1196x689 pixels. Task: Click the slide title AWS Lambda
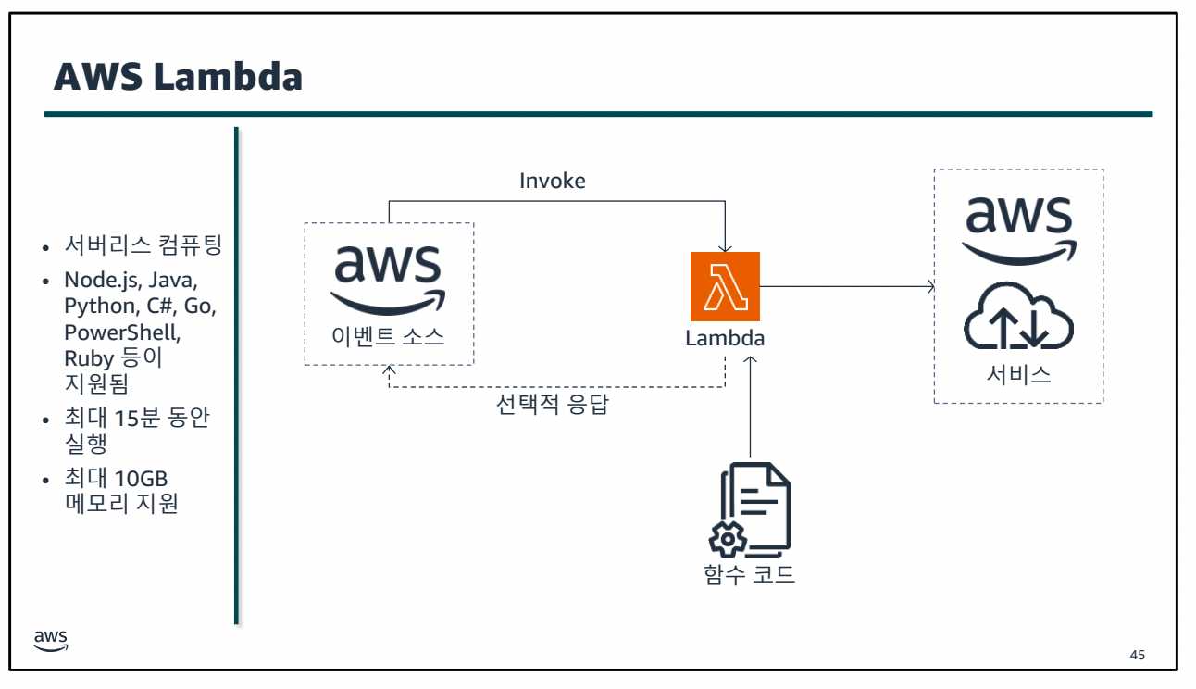coord(178,77)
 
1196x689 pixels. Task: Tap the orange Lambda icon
coord(725,286)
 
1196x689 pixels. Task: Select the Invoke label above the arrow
coord(552,181)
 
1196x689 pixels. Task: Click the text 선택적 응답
coord(553,405)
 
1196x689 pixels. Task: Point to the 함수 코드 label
coord(750,574)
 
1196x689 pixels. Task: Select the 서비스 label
coord(1018,375)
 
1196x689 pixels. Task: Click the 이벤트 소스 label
coord(389,336)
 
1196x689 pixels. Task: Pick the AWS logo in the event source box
coord(389,276)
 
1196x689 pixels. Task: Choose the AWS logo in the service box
coord(1018,227)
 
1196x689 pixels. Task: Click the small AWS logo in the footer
coord(51,639)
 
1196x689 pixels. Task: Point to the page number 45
coord(1138,656)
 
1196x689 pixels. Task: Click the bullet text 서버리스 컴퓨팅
coord(143,246)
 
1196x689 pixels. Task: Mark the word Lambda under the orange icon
coord(725,338)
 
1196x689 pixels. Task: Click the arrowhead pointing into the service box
coord(930,287)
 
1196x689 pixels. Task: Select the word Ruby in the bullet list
coord(88,357)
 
